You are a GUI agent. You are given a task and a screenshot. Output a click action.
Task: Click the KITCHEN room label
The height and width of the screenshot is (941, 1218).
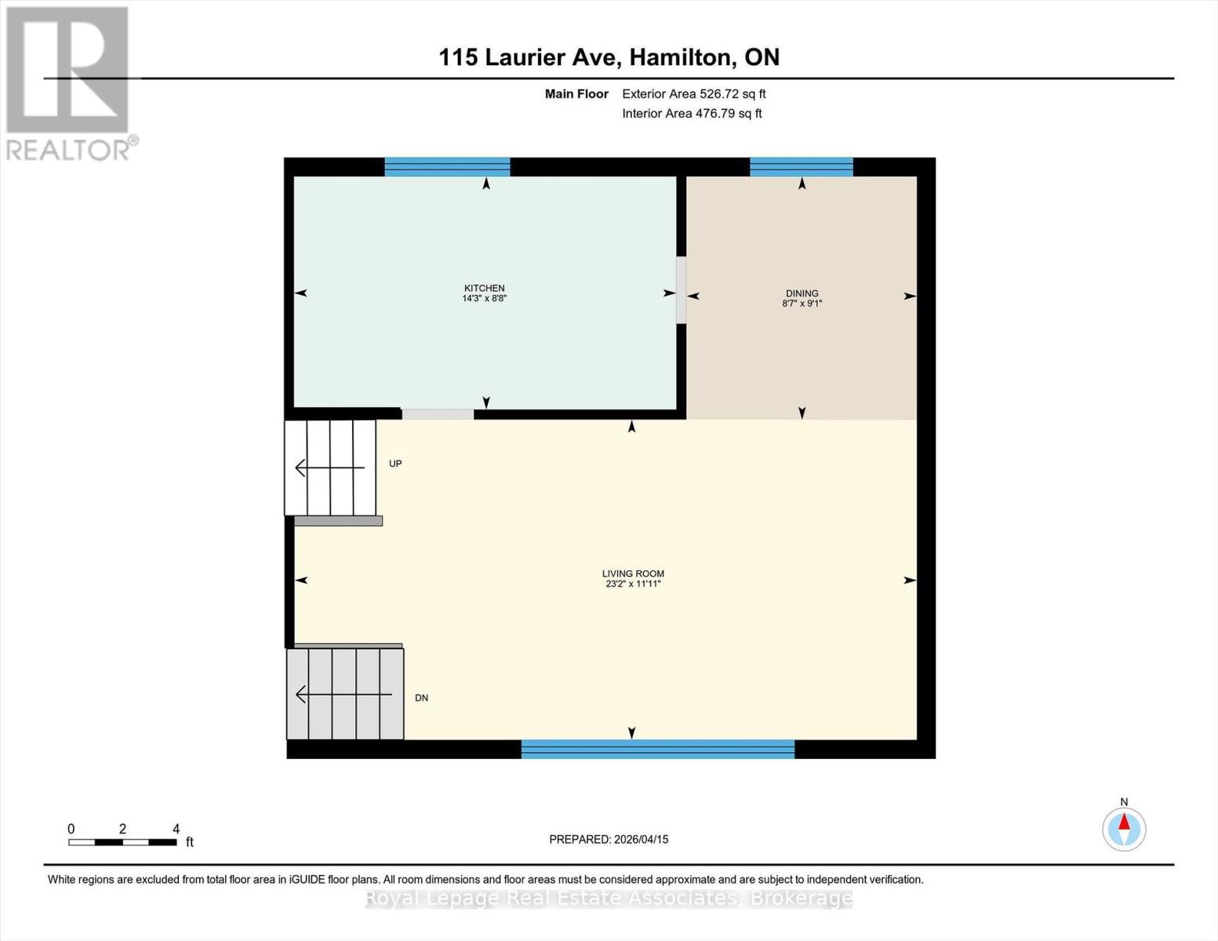(484, 288)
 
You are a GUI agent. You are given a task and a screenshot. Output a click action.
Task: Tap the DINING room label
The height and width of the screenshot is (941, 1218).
(802, 293)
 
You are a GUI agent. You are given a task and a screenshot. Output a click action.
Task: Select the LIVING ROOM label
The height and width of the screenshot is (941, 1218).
(633, 573)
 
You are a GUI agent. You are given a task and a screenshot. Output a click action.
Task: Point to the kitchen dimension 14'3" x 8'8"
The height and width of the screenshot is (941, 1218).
(484, 299)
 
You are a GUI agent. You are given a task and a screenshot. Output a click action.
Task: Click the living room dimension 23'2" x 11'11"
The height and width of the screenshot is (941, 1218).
(633, 584)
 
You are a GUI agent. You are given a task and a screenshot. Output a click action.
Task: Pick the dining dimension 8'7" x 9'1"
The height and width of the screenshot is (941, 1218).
(802, 303)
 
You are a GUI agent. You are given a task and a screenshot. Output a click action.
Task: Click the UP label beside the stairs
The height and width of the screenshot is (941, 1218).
(395, 463)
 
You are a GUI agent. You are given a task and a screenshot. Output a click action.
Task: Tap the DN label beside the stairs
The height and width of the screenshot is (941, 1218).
(421, 698)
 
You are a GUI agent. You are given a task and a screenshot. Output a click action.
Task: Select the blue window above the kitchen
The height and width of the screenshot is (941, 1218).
(447, 166)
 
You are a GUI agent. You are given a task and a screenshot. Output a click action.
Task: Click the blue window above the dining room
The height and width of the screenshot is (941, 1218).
(801, 166)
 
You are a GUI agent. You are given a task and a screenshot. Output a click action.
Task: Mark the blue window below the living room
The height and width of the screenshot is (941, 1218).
(657, 749)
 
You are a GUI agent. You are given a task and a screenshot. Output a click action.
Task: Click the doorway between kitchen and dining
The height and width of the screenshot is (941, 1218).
(681, 290)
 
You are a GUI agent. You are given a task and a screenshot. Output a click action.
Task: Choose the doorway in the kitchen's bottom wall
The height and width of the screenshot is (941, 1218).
(438, 414)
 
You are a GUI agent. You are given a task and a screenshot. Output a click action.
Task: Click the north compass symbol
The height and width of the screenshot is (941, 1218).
(1124, 829)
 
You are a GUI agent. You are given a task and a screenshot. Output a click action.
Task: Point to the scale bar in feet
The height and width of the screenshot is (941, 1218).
(122, 842)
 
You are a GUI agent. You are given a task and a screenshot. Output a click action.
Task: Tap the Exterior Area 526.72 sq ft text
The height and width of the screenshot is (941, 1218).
(693, 94)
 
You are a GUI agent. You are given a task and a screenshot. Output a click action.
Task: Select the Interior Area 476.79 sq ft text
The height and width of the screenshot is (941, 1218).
(692, 114)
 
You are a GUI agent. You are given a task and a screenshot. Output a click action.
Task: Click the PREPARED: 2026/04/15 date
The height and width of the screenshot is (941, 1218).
(609, 839)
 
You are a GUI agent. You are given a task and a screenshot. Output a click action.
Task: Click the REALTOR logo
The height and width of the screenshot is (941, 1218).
(69, 82)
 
